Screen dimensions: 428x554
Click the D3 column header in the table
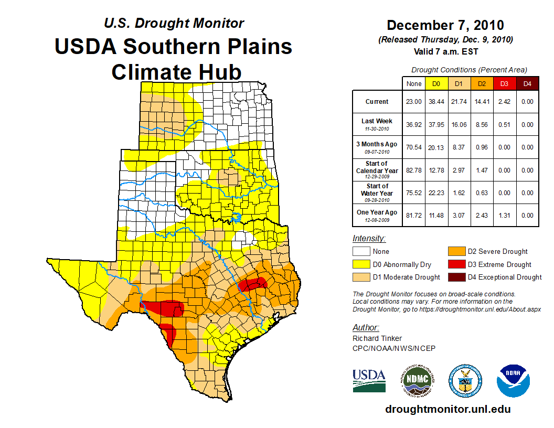tap(505, 83)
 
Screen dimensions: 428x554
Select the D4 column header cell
tap(527, 83)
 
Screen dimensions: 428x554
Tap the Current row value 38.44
tap(436, 102)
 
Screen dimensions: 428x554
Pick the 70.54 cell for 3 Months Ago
tap(414, 147)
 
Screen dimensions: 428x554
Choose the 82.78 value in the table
tap(414, 170)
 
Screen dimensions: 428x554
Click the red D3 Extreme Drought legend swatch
tap(455, 264)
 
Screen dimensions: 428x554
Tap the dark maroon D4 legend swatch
tap(455, 277)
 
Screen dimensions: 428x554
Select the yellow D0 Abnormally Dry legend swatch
tap(361, 264)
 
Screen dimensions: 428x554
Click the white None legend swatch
tap(361, 252)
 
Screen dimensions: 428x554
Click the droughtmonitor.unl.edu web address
tap(448, 409)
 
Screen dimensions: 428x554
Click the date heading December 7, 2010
tap(445, 25)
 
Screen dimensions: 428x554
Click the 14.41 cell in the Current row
tap(482, 102)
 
